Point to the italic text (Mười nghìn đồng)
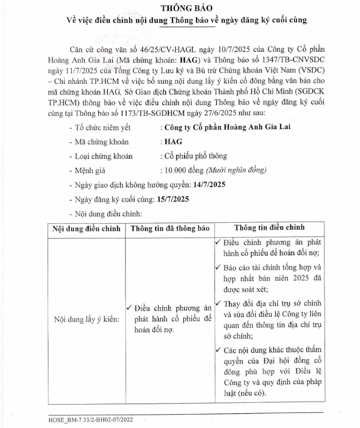point(236,170)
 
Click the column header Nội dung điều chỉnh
point(86,229)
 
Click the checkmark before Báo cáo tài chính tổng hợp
point(218,266)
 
